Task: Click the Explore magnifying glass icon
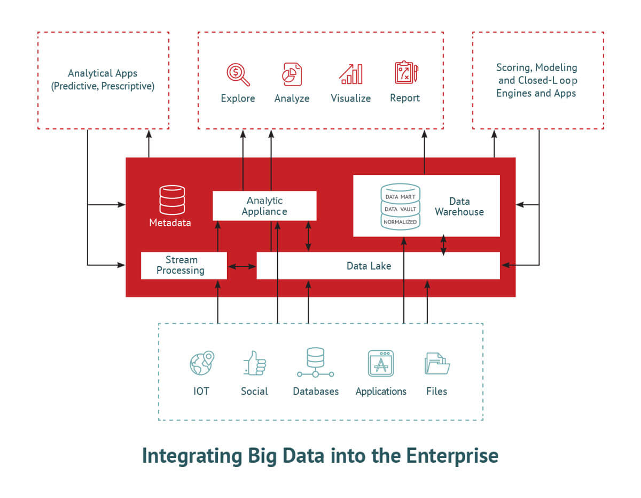point(238,74)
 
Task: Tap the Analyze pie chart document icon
point(292,74)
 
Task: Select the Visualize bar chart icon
point(351,74)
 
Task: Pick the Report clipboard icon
point(405,73)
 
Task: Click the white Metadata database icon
point(172,200)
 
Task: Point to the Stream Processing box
point(184,265)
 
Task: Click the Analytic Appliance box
point(264,206)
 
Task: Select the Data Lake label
point(369,266)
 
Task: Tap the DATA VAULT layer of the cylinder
point(400,209)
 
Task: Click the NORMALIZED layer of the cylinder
point(400,221)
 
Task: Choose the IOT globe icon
point(201,363)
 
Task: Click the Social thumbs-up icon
point(254,363)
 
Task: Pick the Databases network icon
point(316,363)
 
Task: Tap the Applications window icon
point(381,364)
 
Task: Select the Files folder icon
point(436,364)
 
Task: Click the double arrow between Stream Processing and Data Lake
point(242,266)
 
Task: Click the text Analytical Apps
point(103,73)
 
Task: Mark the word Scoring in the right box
point(514,67)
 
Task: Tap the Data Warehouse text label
point(459,206)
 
